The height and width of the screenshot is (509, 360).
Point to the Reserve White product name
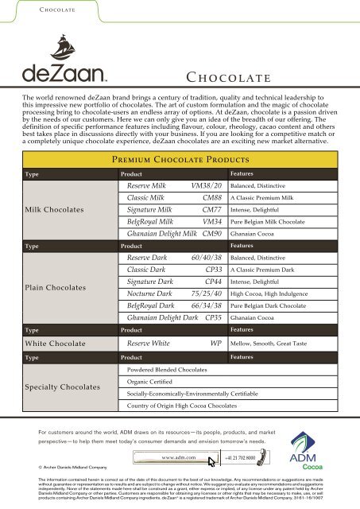[149, 344]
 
